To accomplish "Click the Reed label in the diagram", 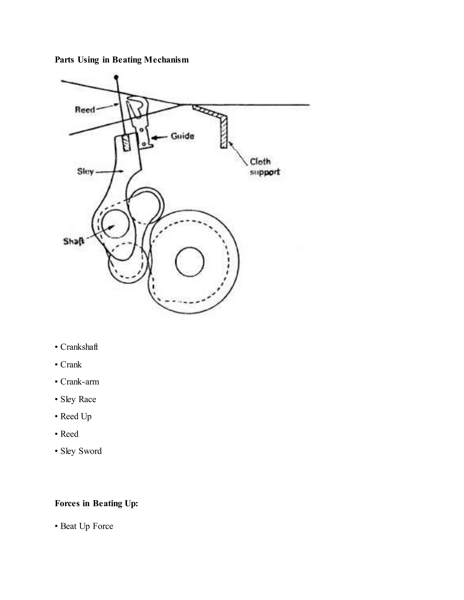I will pyautogui.click(x=85, y=110).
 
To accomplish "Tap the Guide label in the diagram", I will pyautogui.click(x=182, y=136).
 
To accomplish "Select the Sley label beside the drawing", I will pyautogui.click(x=85, y=171).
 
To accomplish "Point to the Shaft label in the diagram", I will pyautogui.click(x=74, y=242).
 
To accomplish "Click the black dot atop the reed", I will pyautogui.click(x=116, y=77).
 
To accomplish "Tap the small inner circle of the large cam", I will pyautogui.click(x=190, y=262).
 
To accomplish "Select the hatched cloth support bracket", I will pyautogui.click(x=223, y=129).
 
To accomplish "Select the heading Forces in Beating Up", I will pyautogui.click(x=97, y=503).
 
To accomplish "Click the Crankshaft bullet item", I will pyautogui.click(x=79, y=347).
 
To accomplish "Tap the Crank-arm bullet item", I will pyautogui.click(x=80, y=382).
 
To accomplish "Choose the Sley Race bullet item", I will pyautogui.click(x=78, y=399).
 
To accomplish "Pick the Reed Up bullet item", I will pyautogui.click(x=76, y=416).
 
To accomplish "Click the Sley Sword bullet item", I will pyautogui.click(x=81, y=451).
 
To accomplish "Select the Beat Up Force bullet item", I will pyautogui.click(x=87, y=526).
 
